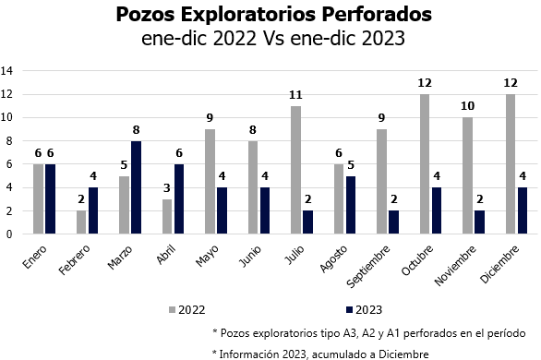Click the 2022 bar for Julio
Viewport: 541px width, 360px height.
pos(295,170)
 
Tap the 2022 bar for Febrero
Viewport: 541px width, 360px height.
pos(80,222)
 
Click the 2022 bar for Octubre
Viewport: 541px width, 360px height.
pos(424,164)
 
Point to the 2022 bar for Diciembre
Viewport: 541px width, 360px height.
pos(510,164)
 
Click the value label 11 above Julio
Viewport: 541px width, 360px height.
pos(295,95)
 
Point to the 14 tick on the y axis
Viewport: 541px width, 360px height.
pos(7,70)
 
